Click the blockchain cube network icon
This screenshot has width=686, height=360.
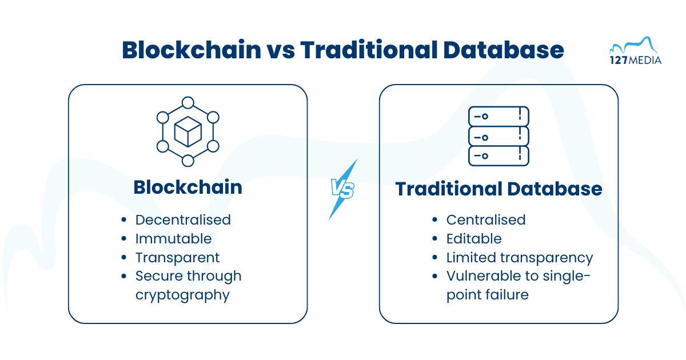click(188, 131)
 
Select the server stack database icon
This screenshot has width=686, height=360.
click(498, 136)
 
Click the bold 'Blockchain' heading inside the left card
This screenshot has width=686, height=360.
click(188, 187)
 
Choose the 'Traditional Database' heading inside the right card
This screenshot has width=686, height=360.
click(498, 189)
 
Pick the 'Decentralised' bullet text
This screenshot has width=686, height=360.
click(183, 219)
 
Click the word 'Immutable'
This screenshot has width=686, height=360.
click(173, 238)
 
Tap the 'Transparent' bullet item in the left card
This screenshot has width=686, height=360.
click(177, 257)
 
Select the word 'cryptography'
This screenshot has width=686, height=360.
click(182, 295)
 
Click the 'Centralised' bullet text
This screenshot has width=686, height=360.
click(485, 219)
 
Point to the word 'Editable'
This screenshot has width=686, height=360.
click(474, 238)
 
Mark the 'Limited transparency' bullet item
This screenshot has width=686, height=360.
click(519, 257)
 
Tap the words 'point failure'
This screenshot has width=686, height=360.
click(487, 295)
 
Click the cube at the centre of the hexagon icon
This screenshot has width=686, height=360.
click(188, 131)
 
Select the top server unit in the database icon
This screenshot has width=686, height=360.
click(498, 117)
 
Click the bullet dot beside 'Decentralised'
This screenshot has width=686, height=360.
click(124, 220)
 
